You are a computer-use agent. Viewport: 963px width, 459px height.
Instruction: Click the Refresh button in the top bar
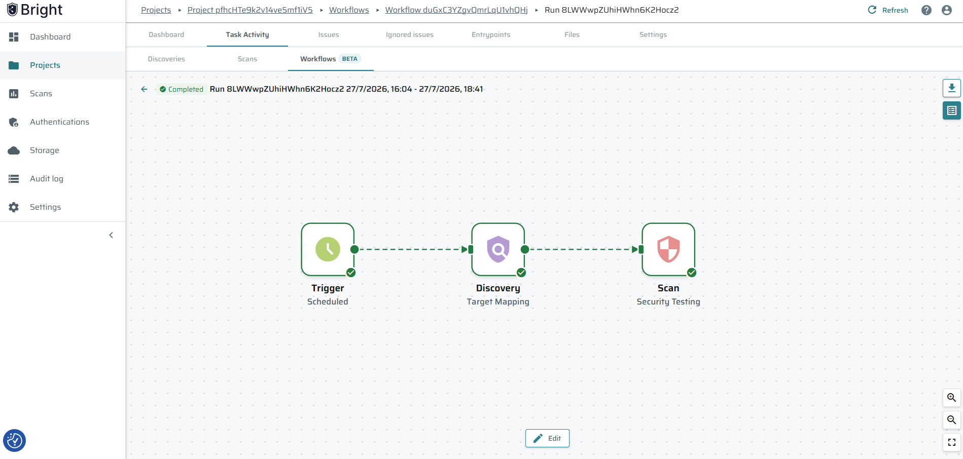(x=888, y=10)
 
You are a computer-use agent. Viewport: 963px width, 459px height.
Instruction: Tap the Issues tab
(x=329, y=34)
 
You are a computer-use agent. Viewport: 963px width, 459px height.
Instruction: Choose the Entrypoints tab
(x=491, y=34)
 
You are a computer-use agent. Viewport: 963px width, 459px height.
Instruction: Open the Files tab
(x=572, y=34)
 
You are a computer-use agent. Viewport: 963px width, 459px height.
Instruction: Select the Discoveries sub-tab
(x=166, y=59)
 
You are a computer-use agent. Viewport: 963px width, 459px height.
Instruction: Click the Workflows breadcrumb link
(x=349, y=10)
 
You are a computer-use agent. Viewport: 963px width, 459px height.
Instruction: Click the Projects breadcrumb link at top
(x=156, y=10)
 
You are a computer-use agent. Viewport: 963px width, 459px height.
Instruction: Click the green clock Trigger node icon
(x=328, y=249)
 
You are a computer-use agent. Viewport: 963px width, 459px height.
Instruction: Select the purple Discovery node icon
(x=498, y=249)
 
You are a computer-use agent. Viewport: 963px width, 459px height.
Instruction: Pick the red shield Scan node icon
(x=668, y=249)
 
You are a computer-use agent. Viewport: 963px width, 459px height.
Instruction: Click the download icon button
(x=952, y=88)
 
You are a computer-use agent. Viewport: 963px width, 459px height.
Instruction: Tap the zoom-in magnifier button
(x=952, y=398)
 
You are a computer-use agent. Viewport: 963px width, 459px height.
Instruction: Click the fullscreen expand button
(x=952, y=442)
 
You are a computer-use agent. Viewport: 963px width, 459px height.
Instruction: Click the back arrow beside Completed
(x=144, y=89)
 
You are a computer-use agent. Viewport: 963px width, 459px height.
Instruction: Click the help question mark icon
(x=926, y=10)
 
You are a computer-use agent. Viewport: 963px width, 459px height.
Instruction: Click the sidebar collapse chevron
(x=111, y=235)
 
